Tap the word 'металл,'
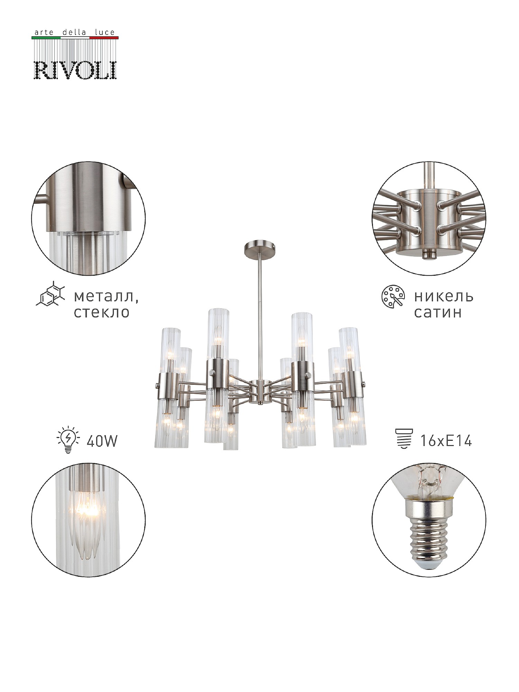(x=106, y=297)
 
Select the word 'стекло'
(x=101, y=312)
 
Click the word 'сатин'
(x=438, y=312)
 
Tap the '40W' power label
(x=102, y=441)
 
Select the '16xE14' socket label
(x=446, y=441)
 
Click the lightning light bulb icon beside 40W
(x=68, y=439)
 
